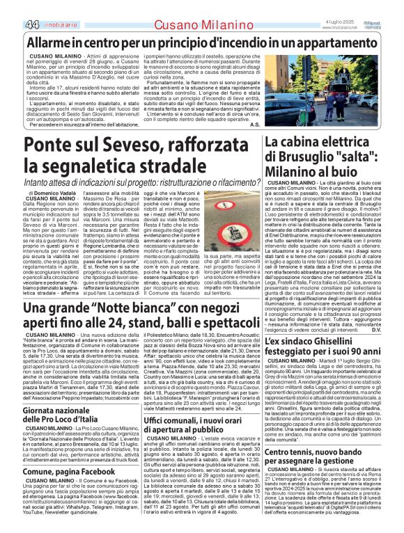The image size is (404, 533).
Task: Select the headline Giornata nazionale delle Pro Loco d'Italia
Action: [x=61, y=413]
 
